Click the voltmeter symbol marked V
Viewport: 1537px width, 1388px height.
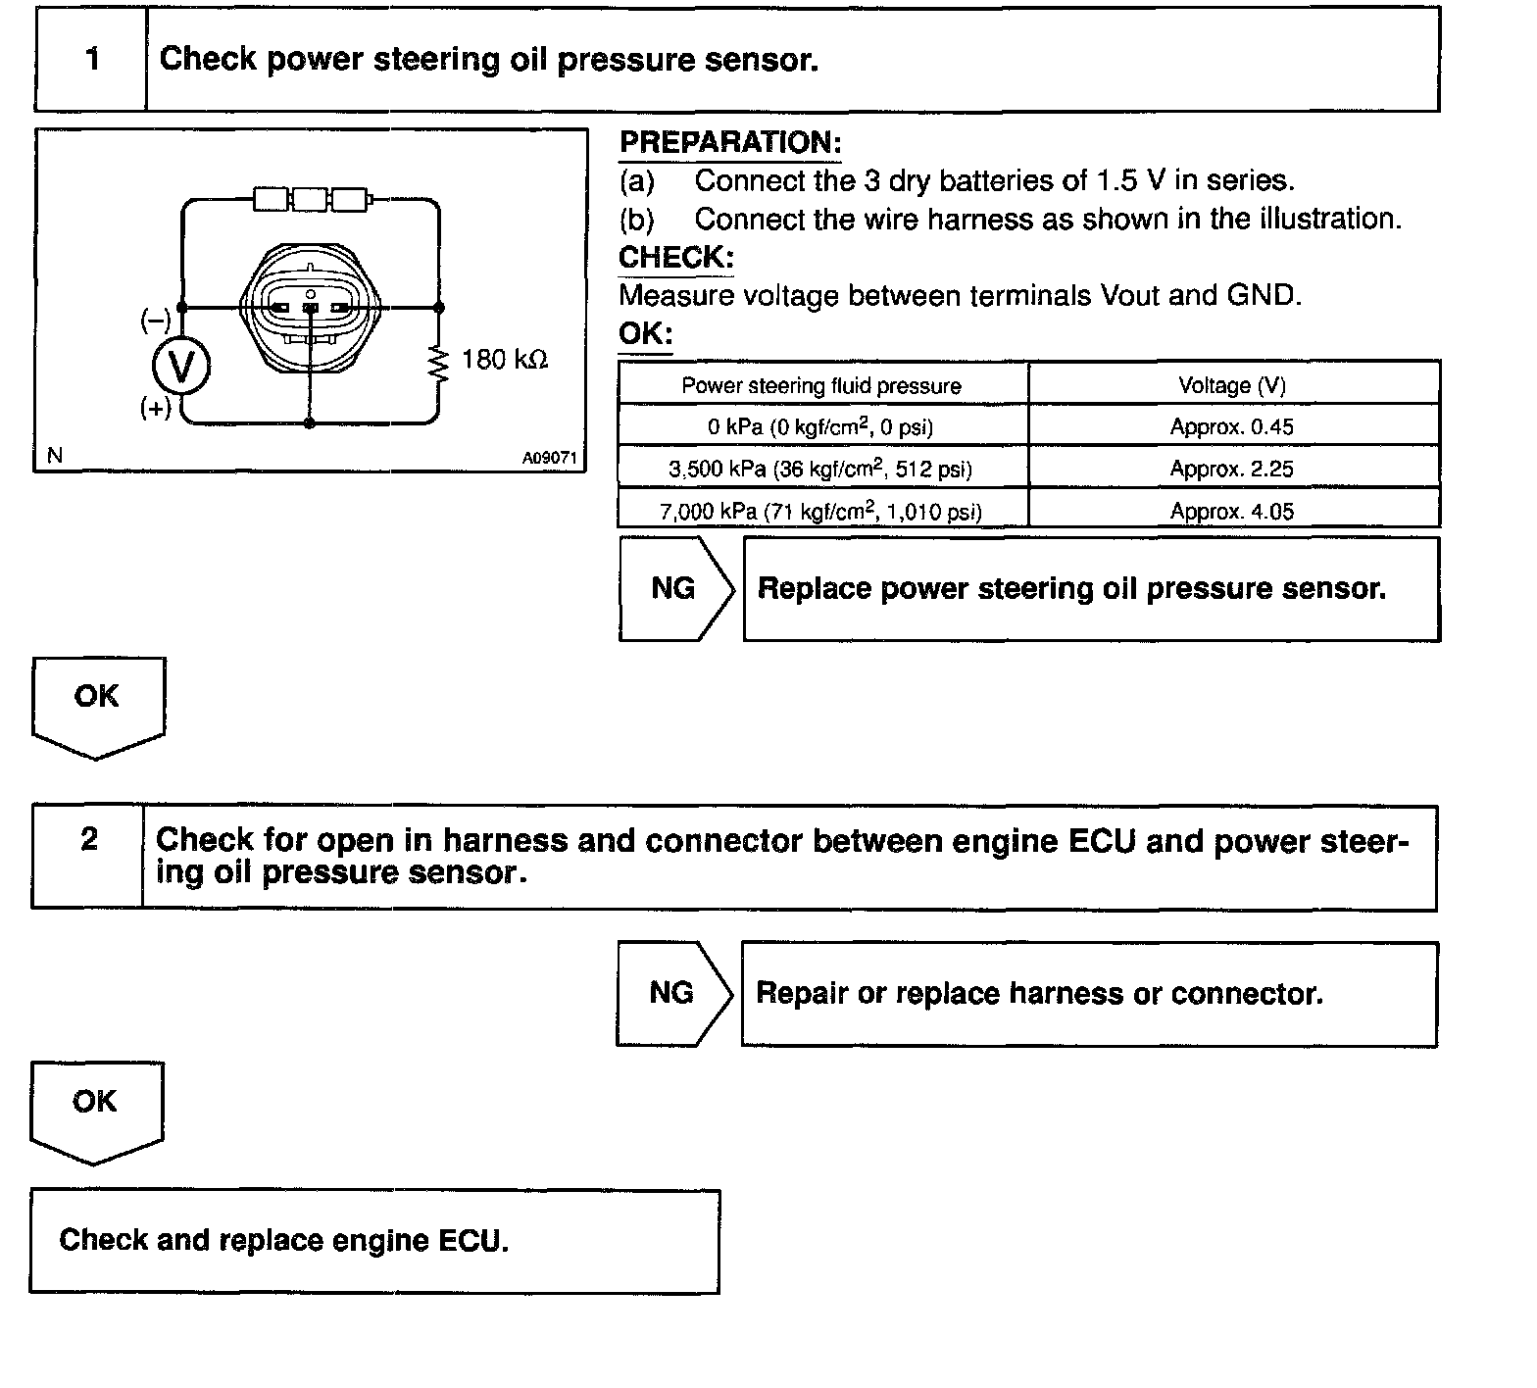(x=181, y=367)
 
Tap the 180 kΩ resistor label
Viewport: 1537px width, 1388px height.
(x=504, y=360)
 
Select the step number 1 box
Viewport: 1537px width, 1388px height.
(x=91, y=60)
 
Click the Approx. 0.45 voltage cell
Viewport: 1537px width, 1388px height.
(x=1232, y=426)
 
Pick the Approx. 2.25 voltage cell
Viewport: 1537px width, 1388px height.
(x=1232, y=469)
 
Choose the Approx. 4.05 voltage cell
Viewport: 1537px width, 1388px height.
(x=1232, y=511)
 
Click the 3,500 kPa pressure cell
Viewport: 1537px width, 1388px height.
(x=821, y=469)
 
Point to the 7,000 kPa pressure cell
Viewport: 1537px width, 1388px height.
(x=821, y=511)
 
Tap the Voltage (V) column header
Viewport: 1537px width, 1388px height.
(x=1232, y=385)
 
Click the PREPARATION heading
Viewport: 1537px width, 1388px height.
(x=729, y=143)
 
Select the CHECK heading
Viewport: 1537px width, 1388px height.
(x=675, y=258)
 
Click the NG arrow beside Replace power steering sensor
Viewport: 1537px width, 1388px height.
(x=675, y=588)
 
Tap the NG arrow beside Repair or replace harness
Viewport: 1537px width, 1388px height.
(x=673, y=993)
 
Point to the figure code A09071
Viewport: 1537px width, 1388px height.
(x=549, y=457)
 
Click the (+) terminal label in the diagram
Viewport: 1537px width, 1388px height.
(x=156, y=407)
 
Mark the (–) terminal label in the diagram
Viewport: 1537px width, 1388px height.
(x=156, y=320)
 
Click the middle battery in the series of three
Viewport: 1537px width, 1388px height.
(x=310, y=200)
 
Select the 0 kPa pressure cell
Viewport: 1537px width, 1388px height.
(x=821, y=426)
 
